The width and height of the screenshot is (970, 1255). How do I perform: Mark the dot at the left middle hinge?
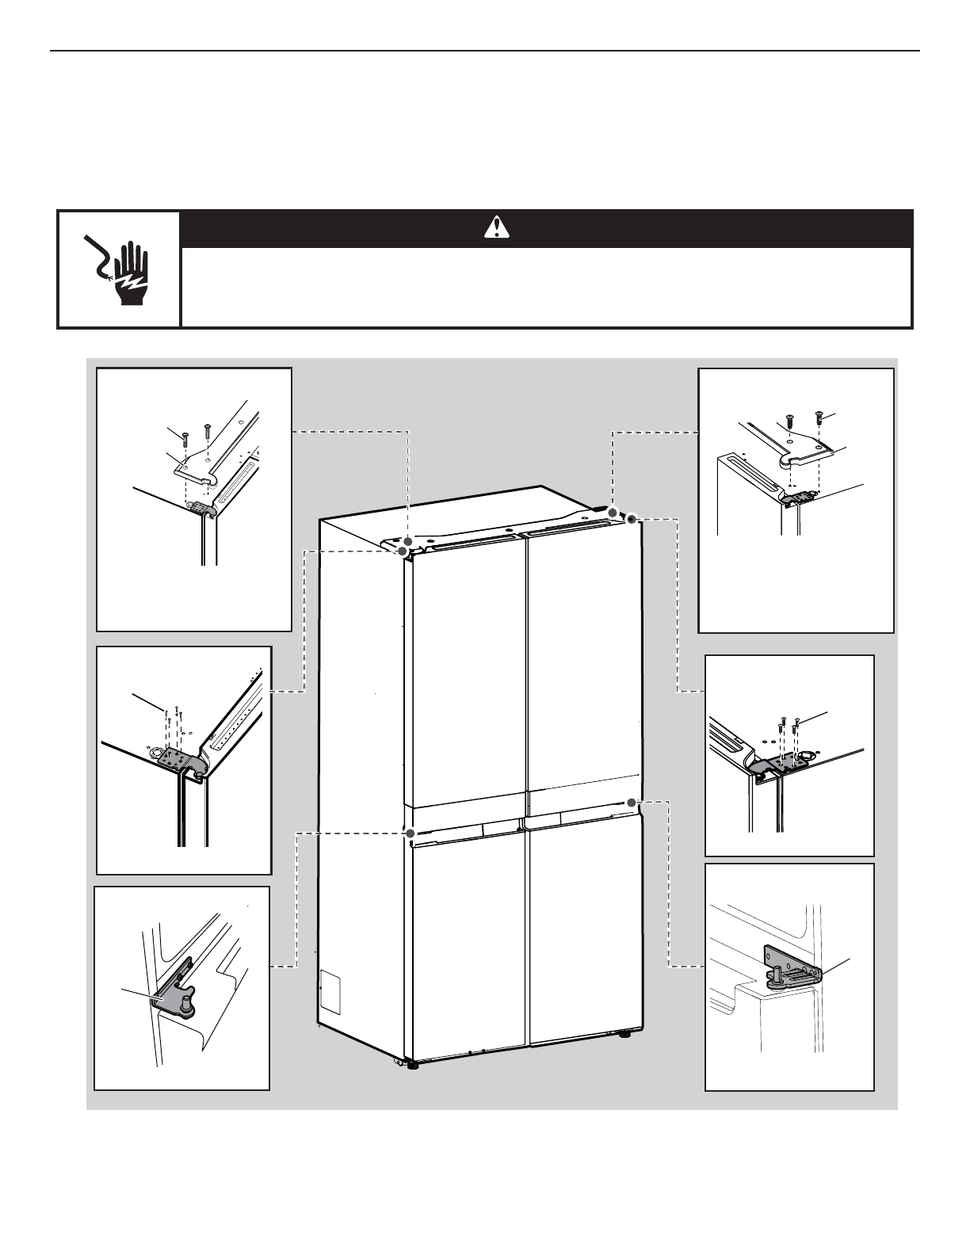pyautogui.click(x=410, y=833)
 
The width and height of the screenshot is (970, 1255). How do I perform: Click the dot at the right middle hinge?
pyautogui.click(x=632, y=803)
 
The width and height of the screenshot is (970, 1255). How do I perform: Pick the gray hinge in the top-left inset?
pyautogui.click(x=200, y=507)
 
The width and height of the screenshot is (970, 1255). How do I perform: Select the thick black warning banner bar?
pyautogui.click(x=547, y=228)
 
